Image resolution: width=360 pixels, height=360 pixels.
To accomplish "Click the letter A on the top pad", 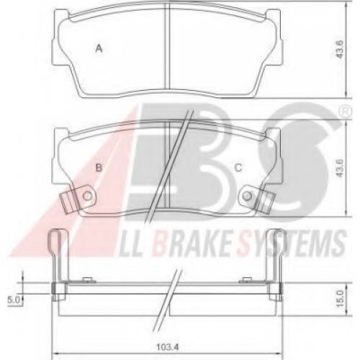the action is tap(99, 49).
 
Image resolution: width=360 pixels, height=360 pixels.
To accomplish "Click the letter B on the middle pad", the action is tap(99, 168).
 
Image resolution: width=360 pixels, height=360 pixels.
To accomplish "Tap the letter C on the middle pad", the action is tap(238, 168).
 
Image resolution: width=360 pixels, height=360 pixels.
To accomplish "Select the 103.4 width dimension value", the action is tap(168, 347).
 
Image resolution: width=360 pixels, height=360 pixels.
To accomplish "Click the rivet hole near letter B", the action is tap(87, 197).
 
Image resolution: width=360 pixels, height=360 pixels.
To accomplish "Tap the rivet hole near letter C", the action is tap(247, 197).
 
